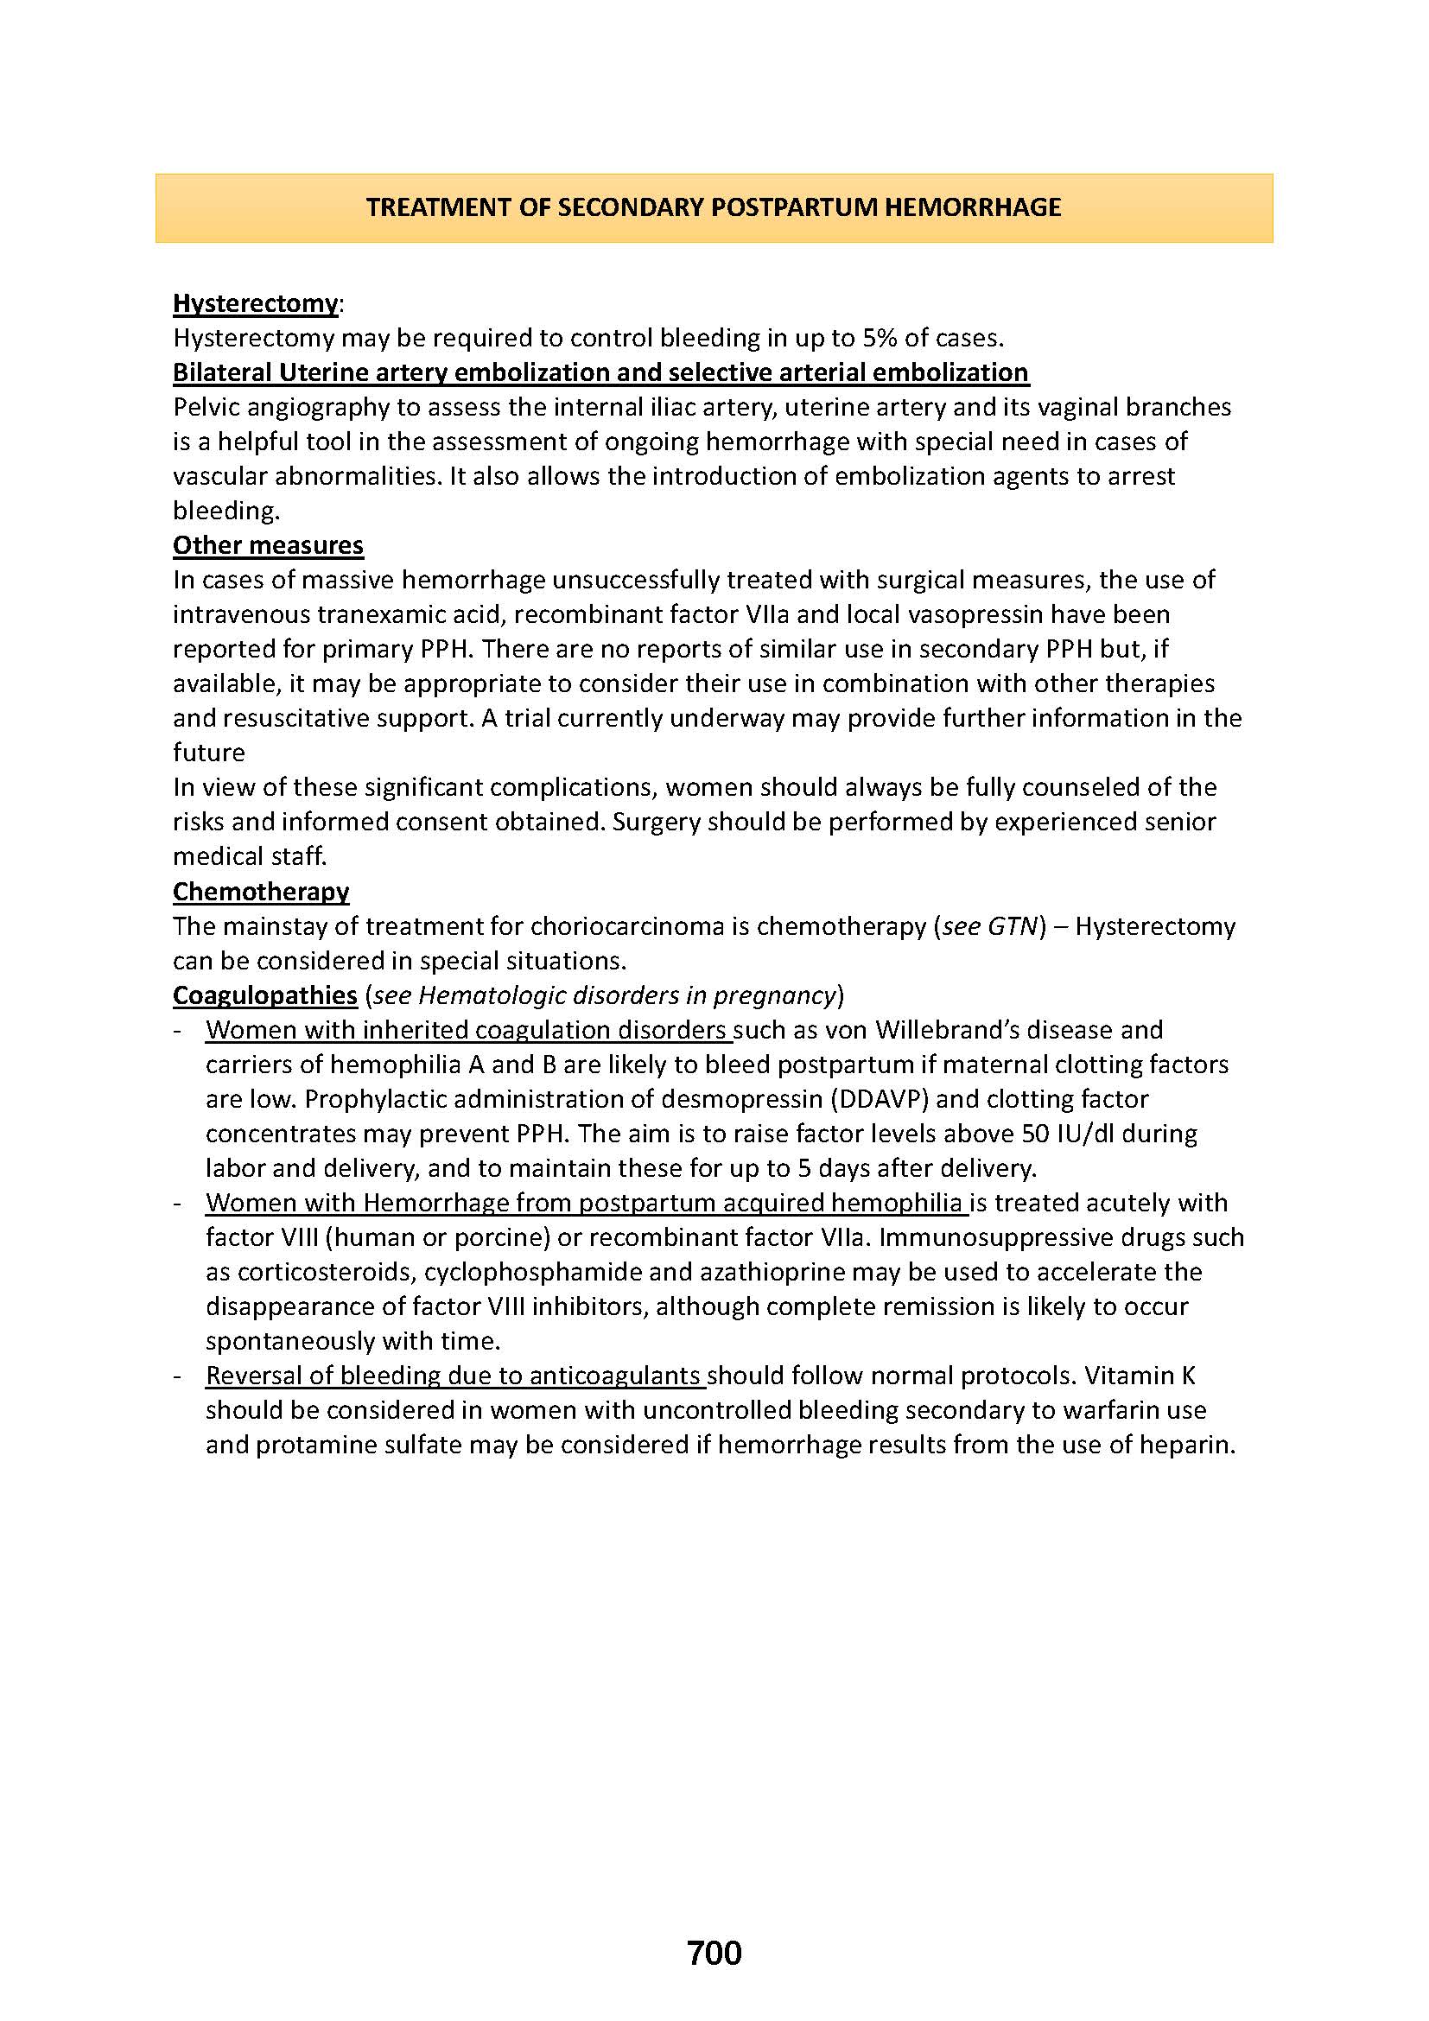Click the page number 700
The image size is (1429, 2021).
pos(714,1928)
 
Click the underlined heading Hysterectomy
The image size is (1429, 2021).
pos(254,303)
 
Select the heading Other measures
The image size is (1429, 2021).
pos(268,546)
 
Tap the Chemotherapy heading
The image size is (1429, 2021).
pos(260,892)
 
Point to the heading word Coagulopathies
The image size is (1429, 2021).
pos(264,995)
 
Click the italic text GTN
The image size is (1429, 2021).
pos(1013,927)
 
